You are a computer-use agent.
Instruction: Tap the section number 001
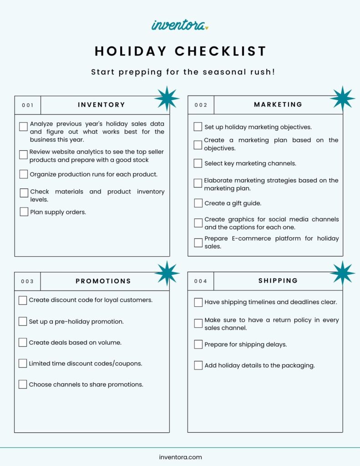28,105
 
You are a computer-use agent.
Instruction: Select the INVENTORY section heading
101,105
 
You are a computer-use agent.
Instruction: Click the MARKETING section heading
278,104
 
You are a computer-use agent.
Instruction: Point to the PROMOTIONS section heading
103,281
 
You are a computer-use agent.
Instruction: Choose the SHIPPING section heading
278,281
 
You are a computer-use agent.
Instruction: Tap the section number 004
201,281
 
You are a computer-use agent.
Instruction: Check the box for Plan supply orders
24,212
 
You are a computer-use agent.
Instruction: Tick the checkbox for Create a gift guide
198,203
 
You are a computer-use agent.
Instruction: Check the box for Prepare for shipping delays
198,344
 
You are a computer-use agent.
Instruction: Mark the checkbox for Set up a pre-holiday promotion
23,321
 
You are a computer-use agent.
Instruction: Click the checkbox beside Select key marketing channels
198,163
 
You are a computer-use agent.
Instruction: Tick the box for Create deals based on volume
23,342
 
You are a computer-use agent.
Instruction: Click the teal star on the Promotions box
167,273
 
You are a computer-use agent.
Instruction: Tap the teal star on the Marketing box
342,98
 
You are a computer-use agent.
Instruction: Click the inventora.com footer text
180,457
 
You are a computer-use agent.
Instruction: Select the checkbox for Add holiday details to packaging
198,365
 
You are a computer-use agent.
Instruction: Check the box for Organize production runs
24,174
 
